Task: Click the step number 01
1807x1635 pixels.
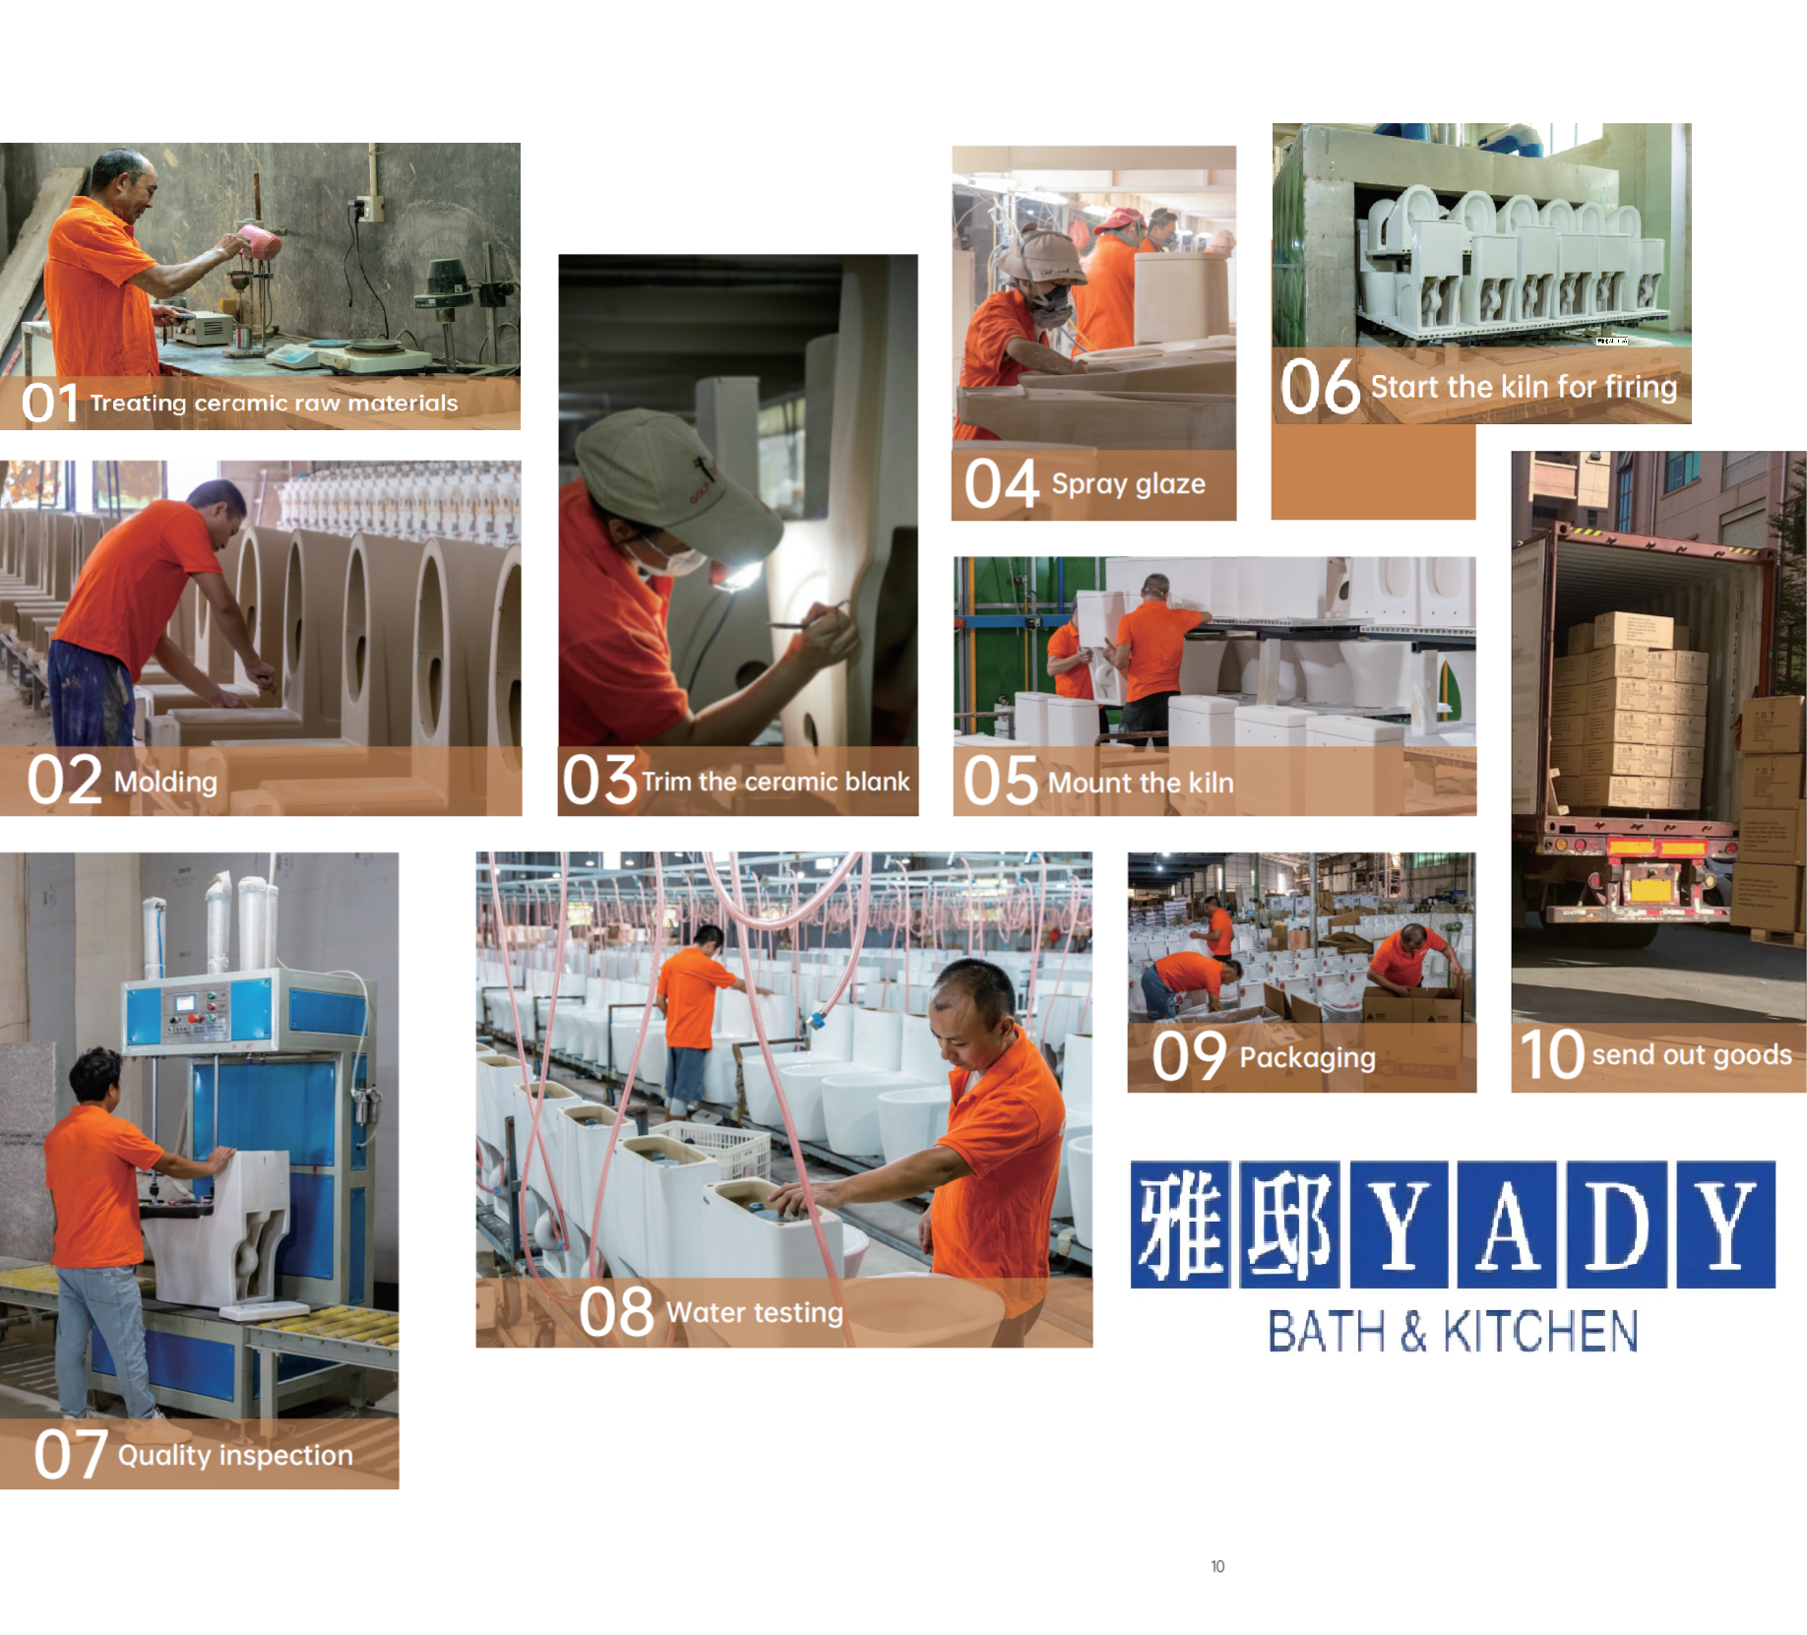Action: pos(50,403)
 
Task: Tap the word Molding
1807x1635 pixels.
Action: pos(165,783)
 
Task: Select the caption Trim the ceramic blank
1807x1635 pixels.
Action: pos(776,782)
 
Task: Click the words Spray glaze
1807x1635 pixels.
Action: pos(1128,484)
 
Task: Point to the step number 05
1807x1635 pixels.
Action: pos(1000,782)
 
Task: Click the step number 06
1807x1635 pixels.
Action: pos(1320,387)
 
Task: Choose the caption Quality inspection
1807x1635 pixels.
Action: pos(235,1456)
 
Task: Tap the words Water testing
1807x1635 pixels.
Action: pos(755,1313)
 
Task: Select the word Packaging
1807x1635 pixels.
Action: pos(1307,1058)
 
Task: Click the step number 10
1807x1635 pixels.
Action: pos(1551,1054)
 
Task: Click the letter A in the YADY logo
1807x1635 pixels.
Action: pos(1507,1225)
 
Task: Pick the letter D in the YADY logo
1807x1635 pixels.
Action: pos(1617,1225)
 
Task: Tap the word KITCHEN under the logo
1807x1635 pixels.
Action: pos(1540,1333)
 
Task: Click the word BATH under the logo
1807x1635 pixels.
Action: pos(1326,1333)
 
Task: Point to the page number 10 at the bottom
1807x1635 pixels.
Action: pos(1217,1566)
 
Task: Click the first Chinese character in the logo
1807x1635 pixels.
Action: pos(1180,1225)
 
